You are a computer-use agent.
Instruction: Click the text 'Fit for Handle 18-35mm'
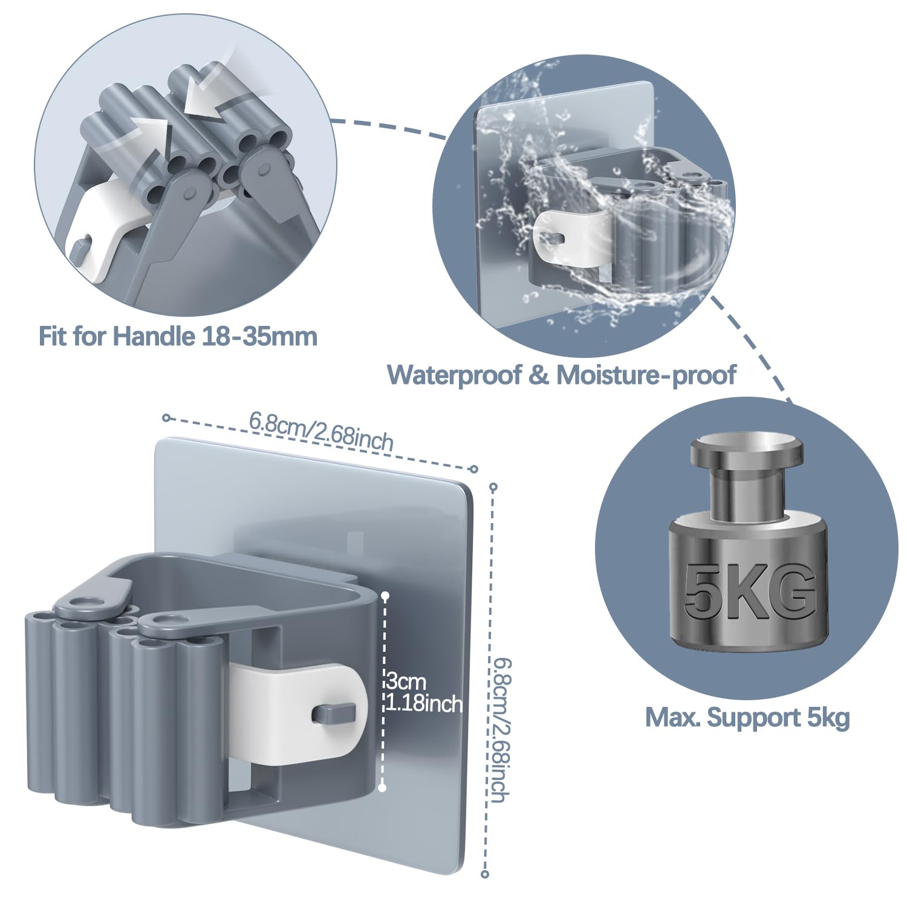point(178,336)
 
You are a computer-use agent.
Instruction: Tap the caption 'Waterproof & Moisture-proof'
point(562,375)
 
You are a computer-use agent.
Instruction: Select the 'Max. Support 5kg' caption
point(747,718)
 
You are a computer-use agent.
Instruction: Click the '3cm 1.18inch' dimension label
point(424,693)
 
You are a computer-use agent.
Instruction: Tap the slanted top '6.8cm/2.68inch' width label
point(321,431)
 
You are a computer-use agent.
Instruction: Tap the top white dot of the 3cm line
point(385,596)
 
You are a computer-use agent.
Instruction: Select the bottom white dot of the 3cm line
point(382,787)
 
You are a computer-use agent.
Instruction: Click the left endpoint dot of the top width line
point(166,417)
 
